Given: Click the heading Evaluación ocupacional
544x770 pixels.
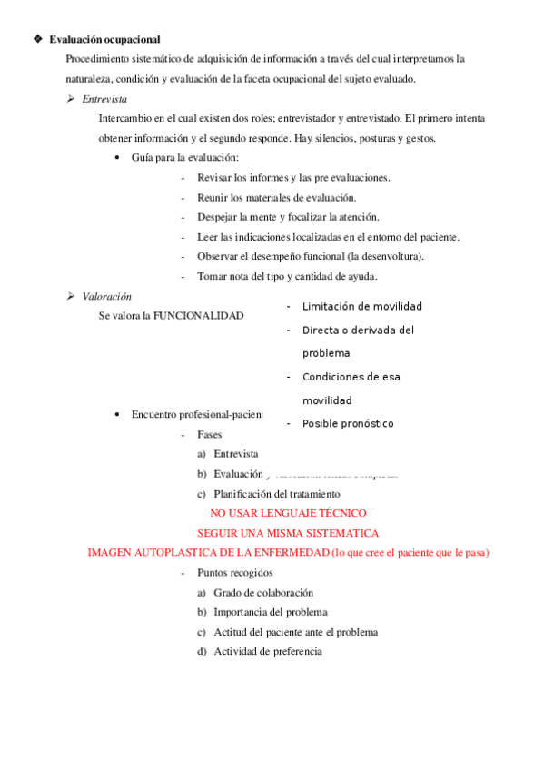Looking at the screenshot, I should [x=104, y=39].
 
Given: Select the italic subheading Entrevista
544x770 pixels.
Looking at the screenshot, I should [x=104, y=99].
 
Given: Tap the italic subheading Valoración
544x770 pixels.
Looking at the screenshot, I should [x=106, y=296].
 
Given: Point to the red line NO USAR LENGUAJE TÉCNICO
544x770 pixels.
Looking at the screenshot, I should [x=288, y=514].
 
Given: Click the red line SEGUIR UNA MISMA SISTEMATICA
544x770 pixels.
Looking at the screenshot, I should [x=288, y=533].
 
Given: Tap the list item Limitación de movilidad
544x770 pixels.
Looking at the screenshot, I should [x=361, y=307].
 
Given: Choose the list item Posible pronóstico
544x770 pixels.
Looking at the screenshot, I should [x=348, y=424].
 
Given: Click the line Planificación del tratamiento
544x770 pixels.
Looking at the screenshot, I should [x=276, y=494].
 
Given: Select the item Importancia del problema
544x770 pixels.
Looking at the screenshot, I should [x=270, y=612].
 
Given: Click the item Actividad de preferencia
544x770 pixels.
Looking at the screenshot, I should [x=267, y=651].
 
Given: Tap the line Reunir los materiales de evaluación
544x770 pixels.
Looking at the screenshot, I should [x=276, y=197].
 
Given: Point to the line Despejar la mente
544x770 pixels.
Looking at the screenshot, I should [x=288, y=217].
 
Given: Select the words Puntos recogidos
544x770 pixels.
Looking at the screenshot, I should [x=234, y=573].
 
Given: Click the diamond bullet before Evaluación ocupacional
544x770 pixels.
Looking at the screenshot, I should [x=37, y=39].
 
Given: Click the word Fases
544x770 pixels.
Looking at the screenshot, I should [x=209, y=435].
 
